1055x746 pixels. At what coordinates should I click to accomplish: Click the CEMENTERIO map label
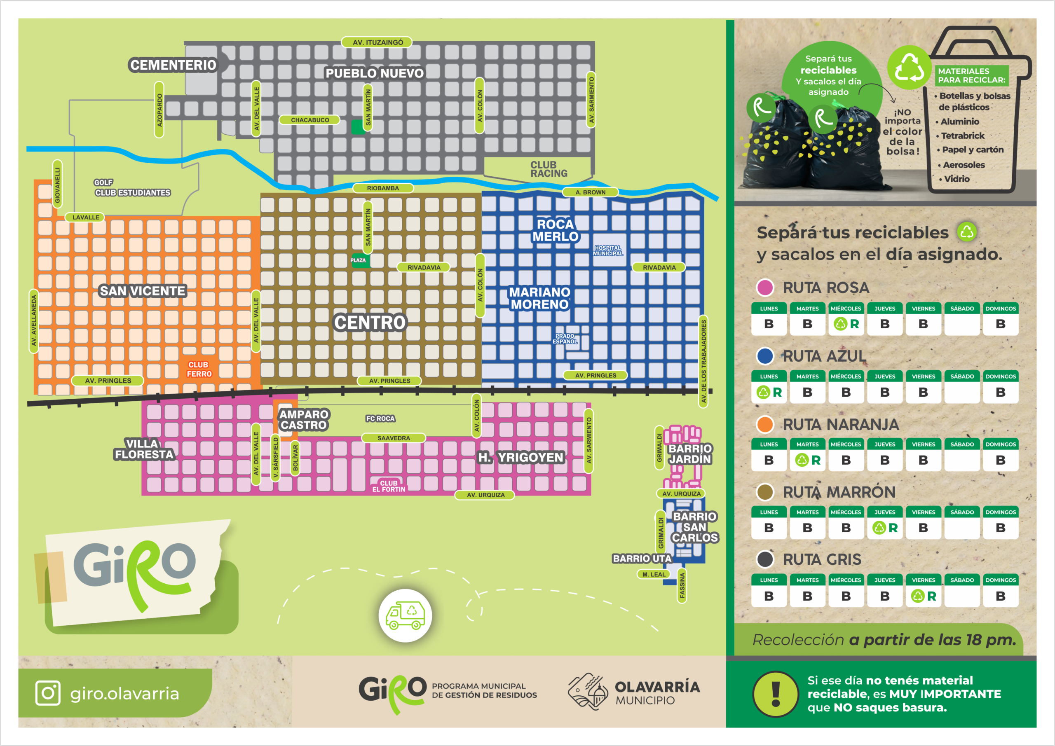173,65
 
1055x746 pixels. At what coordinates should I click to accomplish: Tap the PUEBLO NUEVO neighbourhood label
375,73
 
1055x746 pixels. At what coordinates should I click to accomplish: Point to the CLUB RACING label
549,169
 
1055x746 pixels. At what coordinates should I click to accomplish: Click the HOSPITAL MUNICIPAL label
607,251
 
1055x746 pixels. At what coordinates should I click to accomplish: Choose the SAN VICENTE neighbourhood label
143,291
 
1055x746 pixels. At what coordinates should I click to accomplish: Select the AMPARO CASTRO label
304,420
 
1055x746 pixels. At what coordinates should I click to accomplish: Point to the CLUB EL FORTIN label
389,486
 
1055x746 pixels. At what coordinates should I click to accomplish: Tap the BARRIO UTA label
642,559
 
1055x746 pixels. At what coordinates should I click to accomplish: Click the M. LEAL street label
654,574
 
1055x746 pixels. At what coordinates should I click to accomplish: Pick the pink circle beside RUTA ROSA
765,288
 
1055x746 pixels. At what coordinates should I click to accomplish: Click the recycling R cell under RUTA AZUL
769,392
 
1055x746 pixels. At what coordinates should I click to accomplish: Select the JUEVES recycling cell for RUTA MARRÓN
884,528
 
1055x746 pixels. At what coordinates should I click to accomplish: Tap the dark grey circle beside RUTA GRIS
765,559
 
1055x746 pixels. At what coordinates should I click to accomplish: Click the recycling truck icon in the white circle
405,615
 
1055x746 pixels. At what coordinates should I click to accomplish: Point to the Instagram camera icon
48,693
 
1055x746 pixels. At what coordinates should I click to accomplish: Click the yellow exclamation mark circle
776,694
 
